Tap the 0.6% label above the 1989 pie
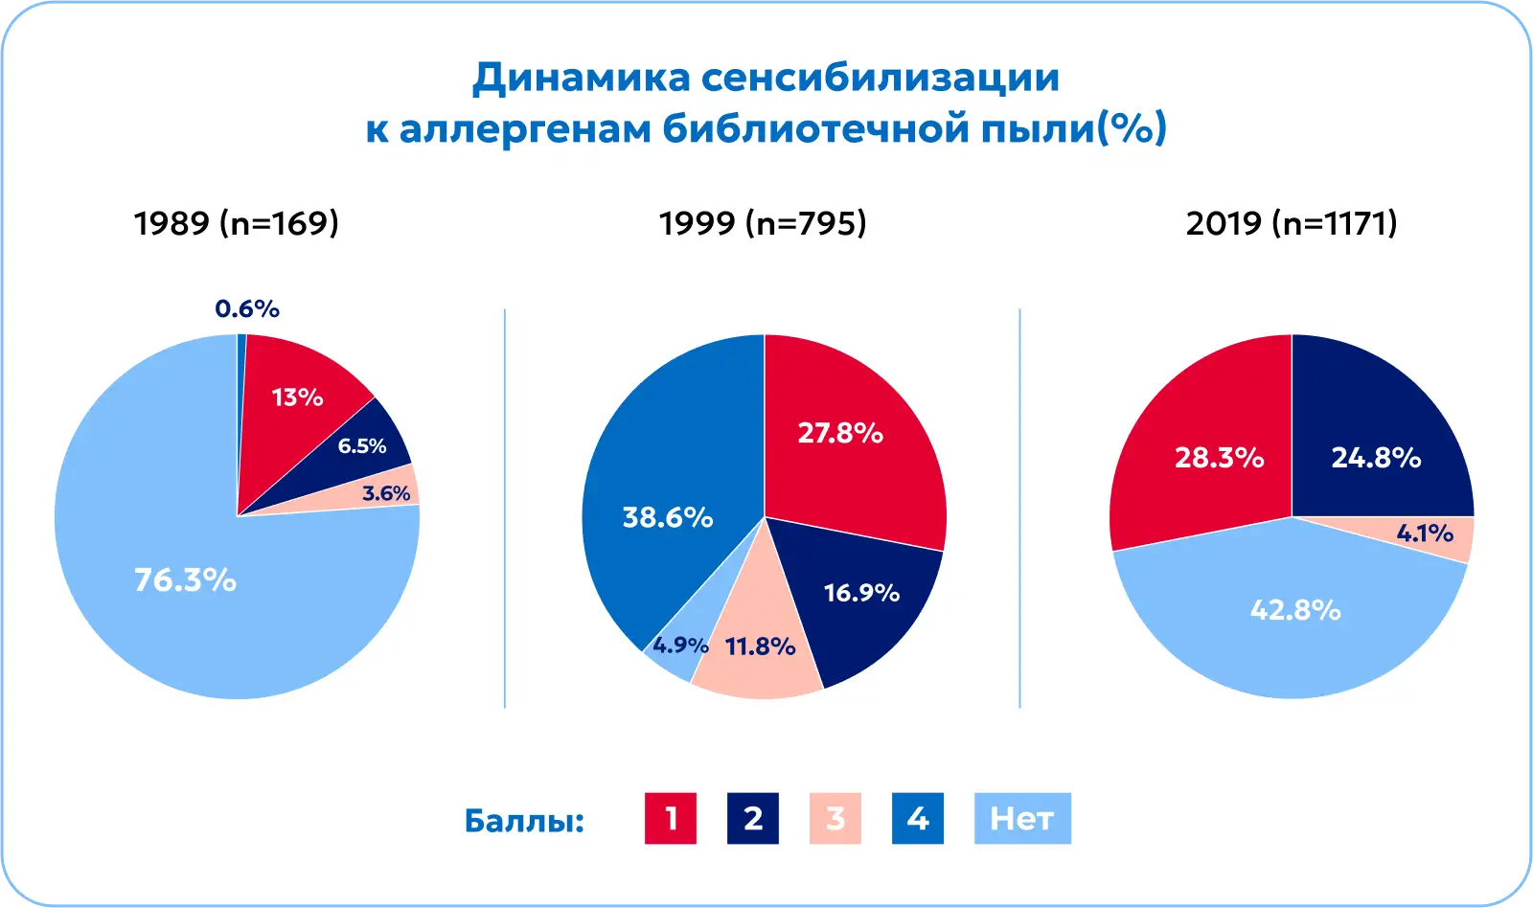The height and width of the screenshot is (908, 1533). click(x=247, y=308)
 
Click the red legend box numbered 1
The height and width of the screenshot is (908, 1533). click(x=671, y=818)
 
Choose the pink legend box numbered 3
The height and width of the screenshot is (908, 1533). click(x=835, y=818)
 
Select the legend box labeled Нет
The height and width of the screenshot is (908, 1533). click(x=1022, y=818)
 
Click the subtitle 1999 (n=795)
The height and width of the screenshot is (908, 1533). click(x=763, y=223)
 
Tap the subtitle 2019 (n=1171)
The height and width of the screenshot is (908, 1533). click(x=1292, y=223)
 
